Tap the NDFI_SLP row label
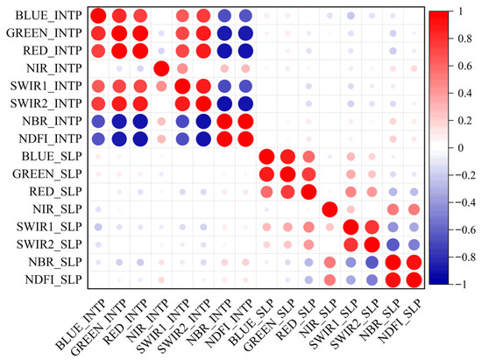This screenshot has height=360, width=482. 48,280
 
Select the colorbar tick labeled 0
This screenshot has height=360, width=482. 461,149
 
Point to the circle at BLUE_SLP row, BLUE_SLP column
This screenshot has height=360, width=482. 267,157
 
